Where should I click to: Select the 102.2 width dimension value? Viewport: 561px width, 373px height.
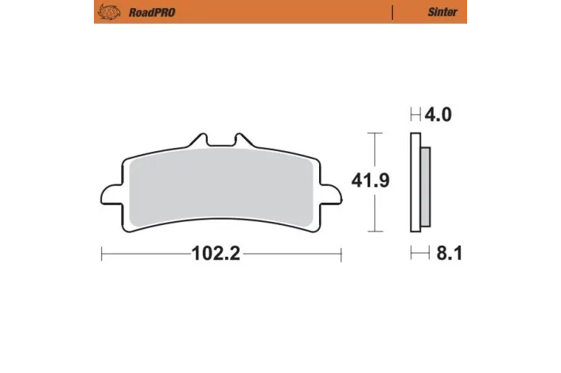tap(216, 254)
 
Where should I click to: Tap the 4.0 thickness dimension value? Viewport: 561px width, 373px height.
tap(438, 115)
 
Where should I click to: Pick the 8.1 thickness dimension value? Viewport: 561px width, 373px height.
tap(447, 254)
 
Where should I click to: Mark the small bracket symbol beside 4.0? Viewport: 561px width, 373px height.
tap(415, 115)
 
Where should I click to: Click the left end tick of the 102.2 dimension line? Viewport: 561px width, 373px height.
tap(102, 254)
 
